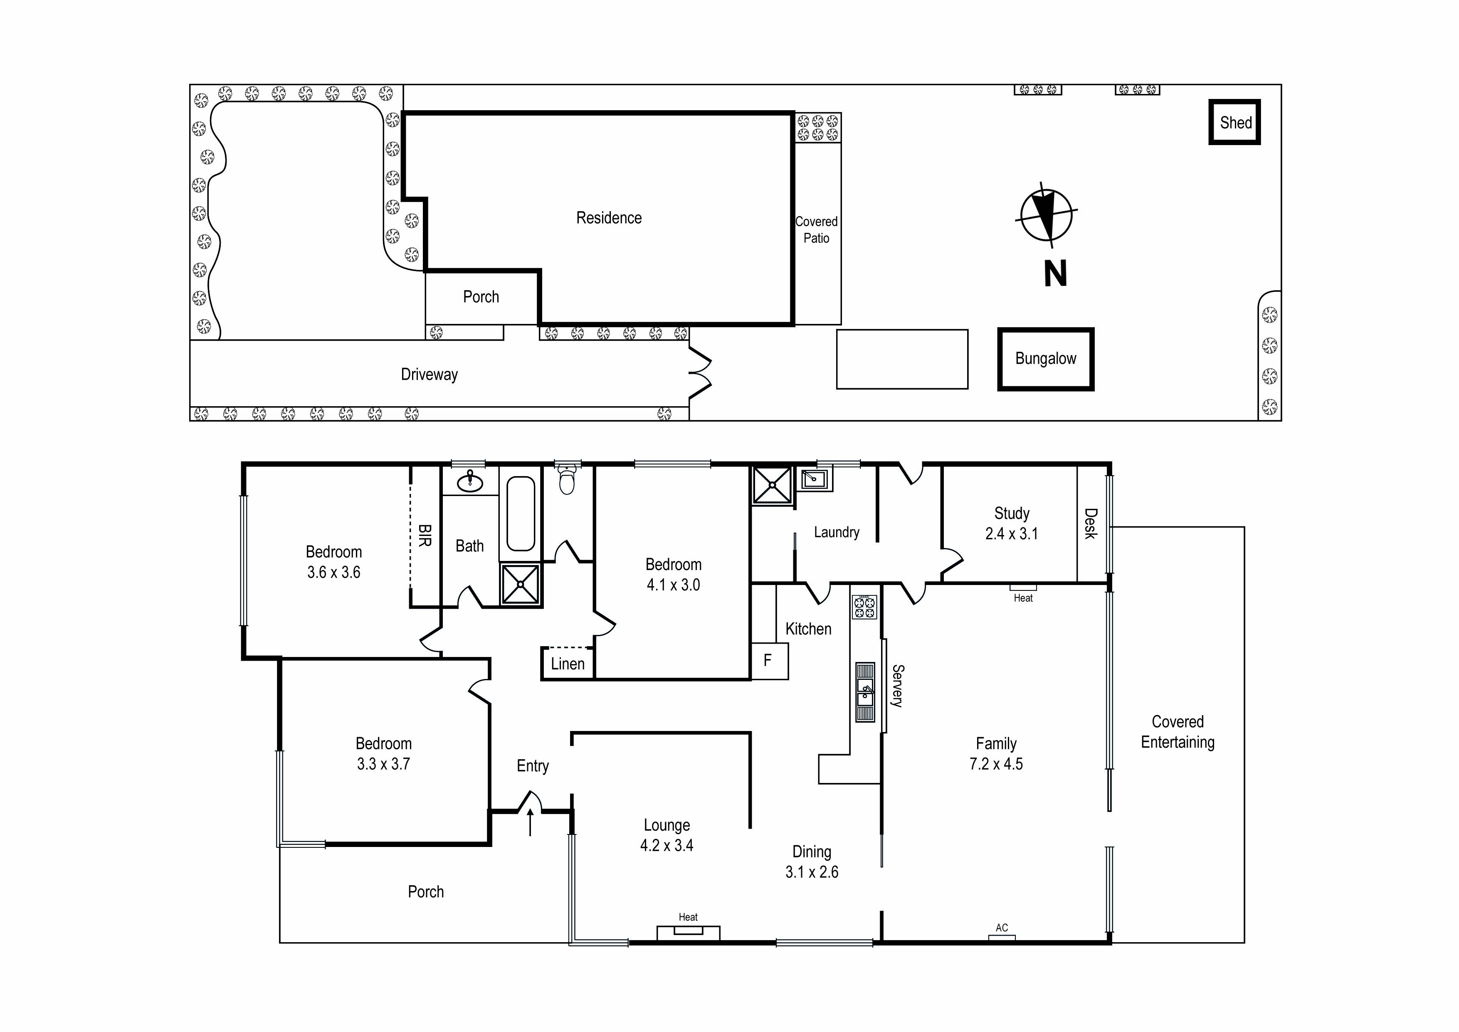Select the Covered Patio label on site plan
tap(817, 230)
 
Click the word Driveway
tap(429, 374)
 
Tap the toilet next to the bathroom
tap(567, 480)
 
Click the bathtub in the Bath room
tap(521, 514)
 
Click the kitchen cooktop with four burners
tap(864, 607)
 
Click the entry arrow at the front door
tap(530, 822)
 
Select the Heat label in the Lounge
tap(688, 917)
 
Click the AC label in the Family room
tap(1002, 928)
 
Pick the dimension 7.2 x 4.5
tap(996, 764)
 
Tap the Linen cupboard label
tap(568, 664)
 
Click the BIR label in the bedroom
tap(425, 535)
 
